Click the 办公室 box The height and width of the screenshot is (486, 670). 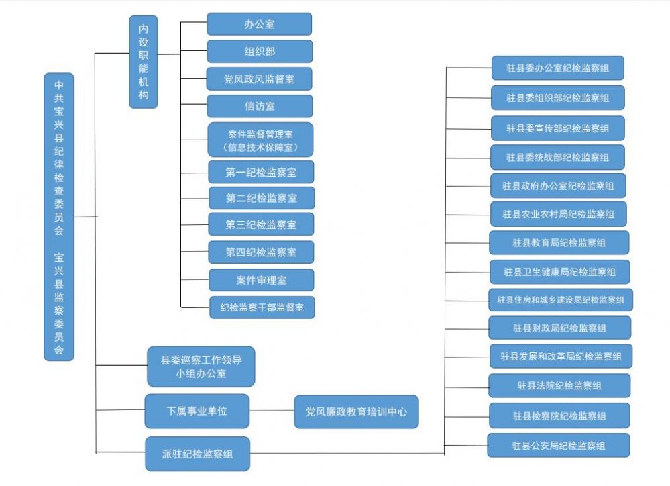coord(260,24)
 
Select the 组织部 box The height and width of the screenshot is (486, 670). coord(260,51)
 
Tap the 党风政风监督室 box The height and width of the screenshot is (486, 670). coord(260,79)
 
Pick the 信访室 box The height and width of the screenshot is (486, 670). coord(260,106)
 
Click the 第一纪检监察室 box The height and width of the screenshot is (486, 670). coord(261,172)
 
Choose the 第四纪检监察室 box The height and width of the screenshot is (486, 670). coord(261,252)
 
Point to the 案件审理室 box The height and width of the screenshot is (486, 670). coord(262,280)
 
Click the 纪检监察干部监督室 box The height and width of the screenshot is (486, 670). coord(262,307)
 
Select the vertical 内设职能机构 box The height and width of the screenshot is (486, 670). coord(144,62)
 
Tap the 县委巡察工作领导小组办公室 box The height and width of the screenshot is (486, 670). coord(201,367)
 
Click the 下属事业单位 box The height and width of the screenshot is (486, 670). coord(197,411)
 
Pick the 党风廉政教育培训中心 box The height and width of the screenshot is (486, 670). coord(356,411)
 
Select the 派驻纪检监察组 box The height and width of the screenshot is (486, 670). coord(197,454)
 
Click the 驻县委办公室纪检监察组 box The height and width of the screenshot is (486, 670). coord(557,68)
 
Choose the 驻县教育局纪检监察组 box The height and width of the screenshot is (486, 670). coord(559,242)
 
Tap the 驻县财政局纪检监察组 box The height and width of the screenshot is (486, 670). coord(559,328)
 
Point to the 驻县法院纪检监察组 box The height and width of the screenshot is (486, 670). coord(559,385)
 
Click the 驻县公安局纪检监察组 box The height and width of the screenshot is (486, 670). coord(559,445)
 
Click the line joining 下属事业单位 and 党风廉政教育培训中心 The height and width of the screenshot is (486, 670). coord(272,411)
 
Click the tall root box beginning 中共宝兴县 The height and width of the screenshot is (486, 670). coord(59,217)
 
